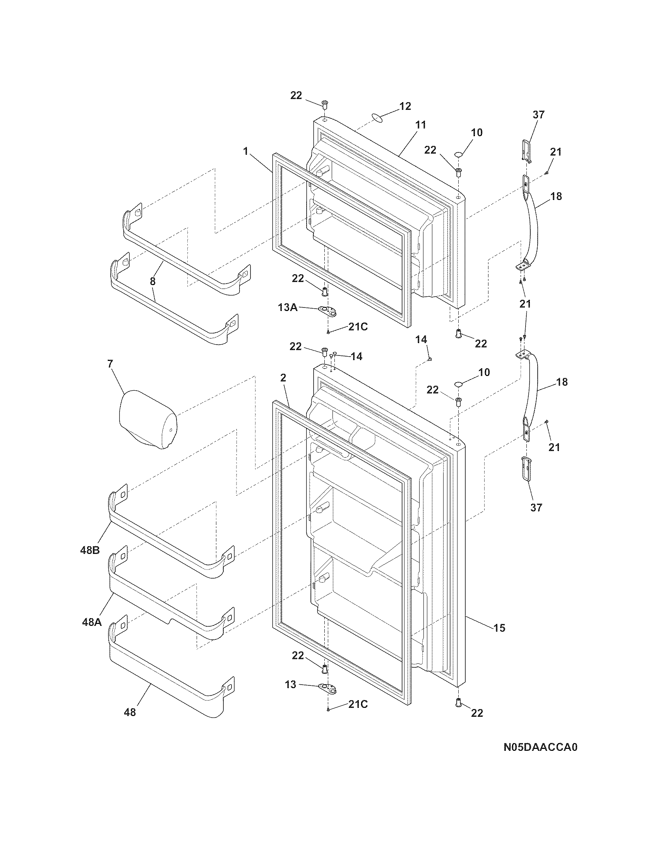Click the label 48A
tap(92, 622)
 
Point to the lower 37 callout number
tap(536, 508)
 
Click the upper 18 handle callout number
tap(556, 196)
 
